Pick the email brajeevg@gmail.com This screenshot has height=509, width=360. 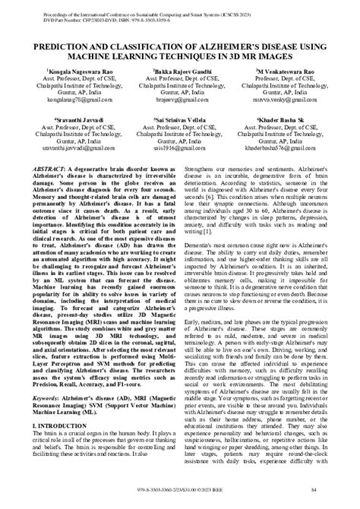[x=180, y=98]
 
